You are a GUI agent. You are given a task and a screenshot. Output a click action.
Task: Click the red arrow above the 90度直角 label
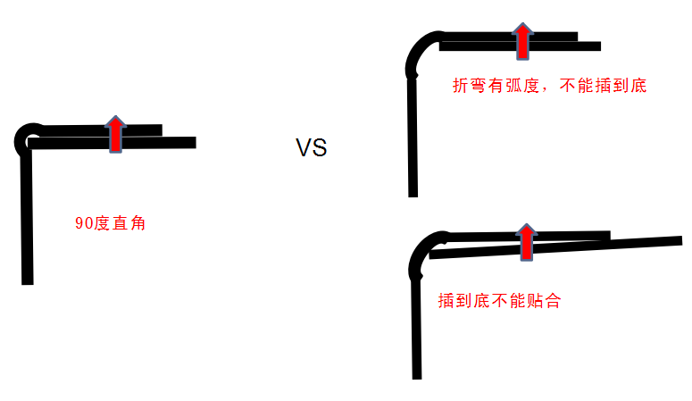pos(114,134)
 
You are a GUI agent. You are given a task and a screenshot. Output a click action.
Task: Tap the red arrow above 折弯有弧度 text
pos(522,41)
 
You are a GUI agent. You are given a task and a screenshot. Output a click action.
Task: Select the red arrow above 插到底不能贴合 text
pos(527,241)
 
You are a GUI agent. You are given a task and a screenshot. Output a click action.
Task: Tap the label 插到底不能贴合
pos(499,301)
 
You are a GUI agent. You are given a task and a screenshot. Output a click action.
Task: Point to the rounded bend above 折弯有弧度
pos(420,54)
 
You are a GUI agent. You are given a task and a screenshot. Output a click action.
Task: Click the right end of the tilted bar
pos(679,241)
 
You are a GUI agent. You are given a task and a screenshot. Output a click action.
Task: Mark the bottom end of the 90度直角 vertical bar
pos(27,280)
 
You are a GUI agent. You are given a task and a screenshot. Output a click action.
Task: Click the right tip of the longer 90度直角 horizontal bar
pos(192,142)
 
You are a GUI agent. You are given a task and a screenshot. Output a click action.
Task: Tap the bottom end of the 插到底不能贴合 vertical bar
pos(416,375)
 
